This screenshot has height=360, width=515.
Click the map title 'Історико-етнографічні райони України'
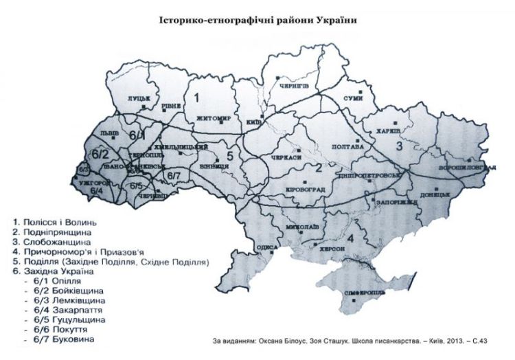(258, 20)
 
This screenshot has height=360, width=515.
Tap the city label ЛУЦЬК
(139, 99)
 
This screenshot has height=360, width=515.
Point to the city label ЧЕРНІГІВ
(297, 85)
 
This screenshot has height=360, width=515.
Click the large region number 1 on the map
(196, 98)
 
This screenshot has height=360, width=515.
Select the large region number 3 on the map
(396, 145)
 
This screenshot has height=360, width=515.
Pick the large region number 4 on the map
(351, 238)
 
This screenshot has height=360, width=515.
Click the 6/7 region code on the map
(173, 177)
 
